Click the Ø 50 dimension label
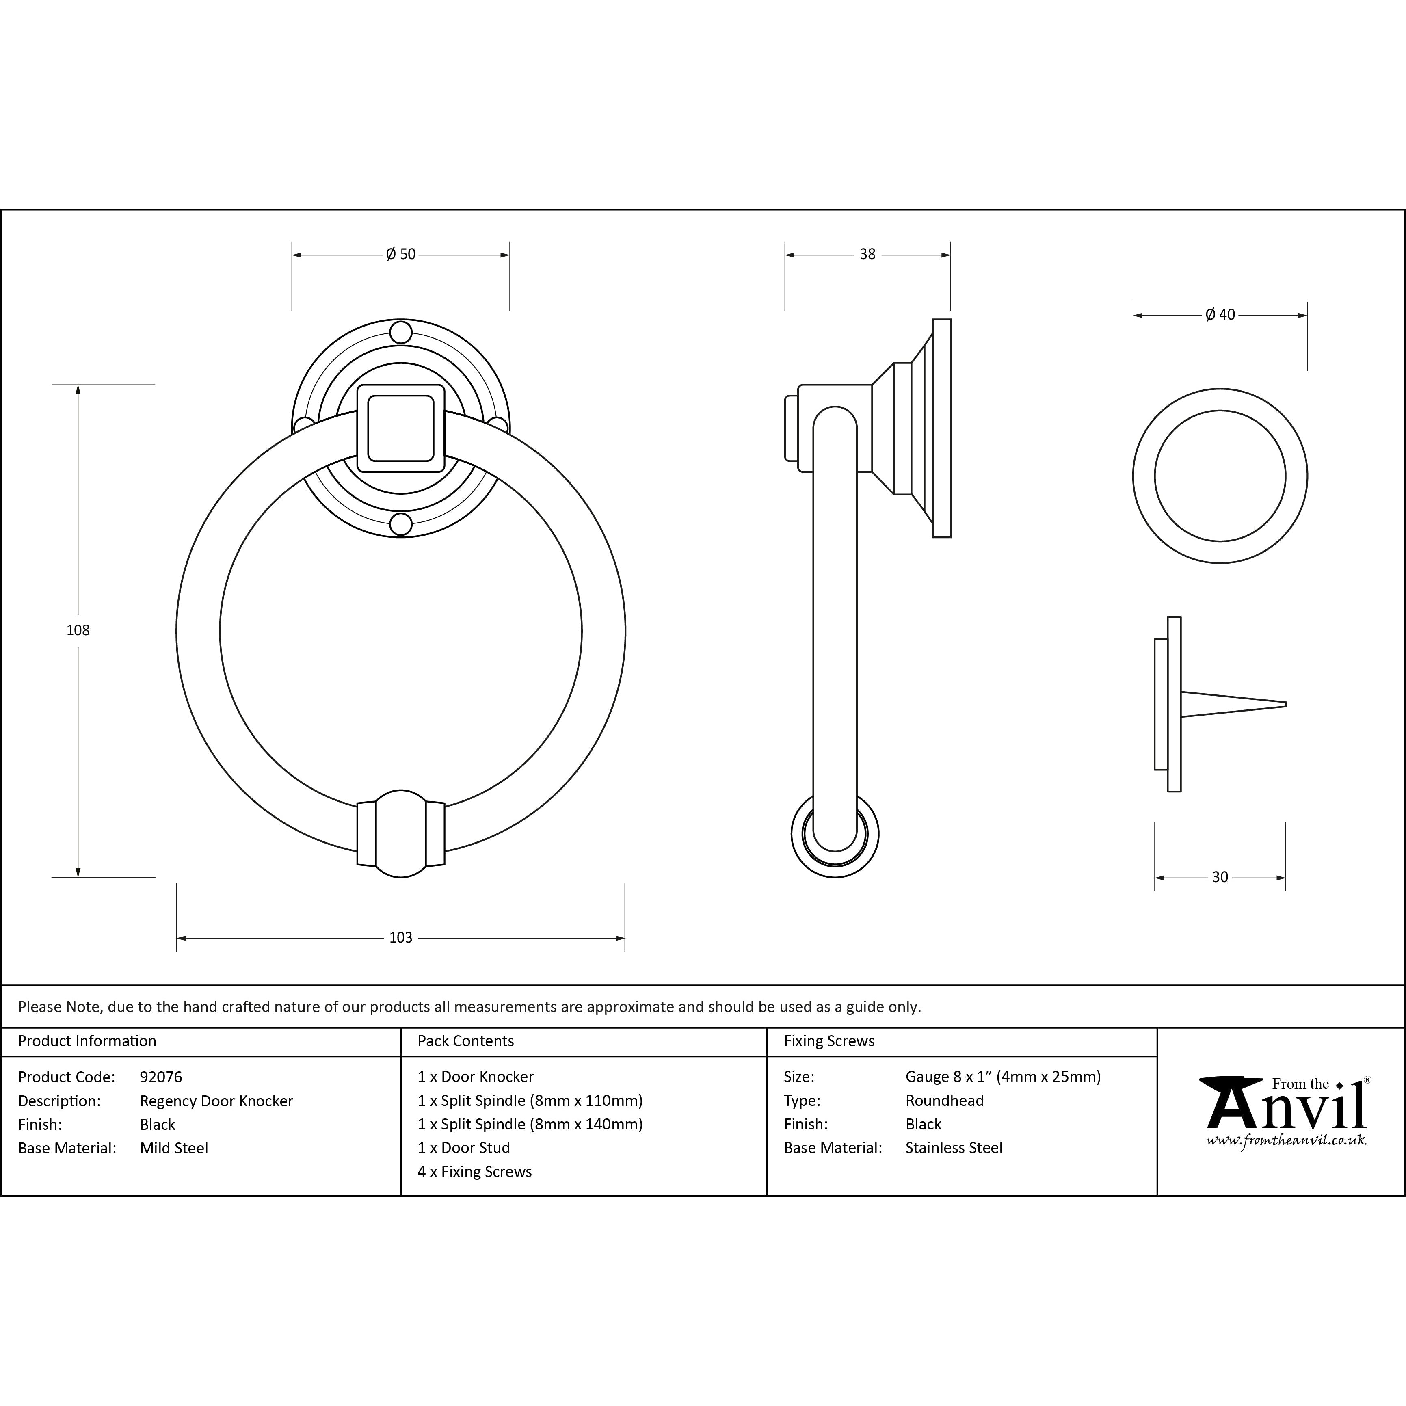coord(400,254)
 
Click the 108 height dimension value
coord(78,630)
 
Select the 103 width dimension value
coord(400,937)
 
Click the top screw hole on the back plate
coord(400,333)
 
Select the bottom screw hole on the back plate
coord(400,524)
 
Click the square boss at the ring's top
coord(400,428)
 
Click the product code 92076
coord(161,1076)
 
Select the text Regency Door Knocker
coord(216,1100)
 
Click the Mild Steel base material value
coord(174,1148)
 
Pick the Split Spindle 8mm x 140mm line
coord(530,1124)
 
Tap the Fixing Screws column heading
coord(829,1040)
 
